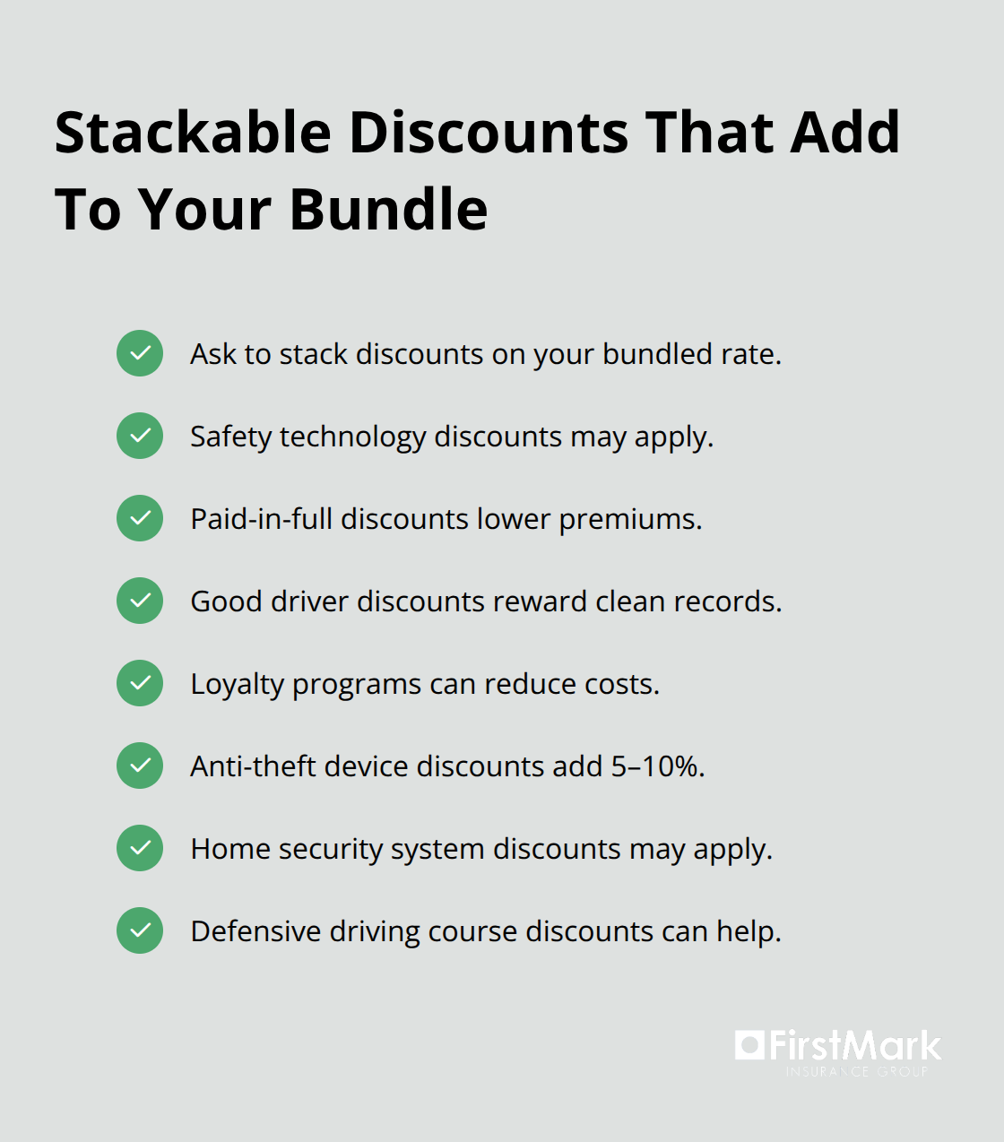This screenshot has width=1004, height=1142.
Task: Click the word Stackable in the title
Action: coord(193,133)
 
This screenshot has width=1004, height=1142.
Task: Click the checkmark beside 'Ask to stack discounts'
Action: coord(140,353)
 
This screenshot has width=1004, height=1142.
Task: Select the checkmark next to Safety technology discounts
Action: coord(140,436)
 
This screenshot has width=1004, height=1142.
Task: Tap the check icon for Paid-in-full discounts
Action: coord(140,518)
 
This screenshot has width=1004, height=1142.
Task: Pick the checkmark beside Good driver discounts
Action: coord(140,601)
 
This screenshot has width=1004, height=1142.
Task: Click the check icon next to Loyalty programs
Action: coord(140,683)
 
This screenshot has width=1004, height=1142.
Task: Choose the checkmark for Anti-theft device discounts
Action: coord(140,766)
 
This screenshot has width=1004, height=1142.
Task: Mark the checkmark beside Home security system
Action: coord(140,848)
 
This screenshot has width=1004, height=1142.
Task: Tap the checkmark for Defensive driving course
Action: coord(140,930)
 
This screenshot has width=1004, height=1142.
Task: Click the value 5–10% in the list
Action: coord(657,766)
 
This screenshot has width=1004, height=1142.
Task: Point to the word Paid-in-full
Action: coord(261,519)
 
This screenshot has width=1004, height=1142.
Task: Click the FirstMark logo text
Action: coord(854,1046)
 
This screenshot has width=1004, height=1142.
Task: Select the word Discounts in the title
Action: coord(489,133)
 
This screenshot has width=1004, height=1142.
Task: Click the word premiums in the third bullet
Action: coord(629,520)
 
